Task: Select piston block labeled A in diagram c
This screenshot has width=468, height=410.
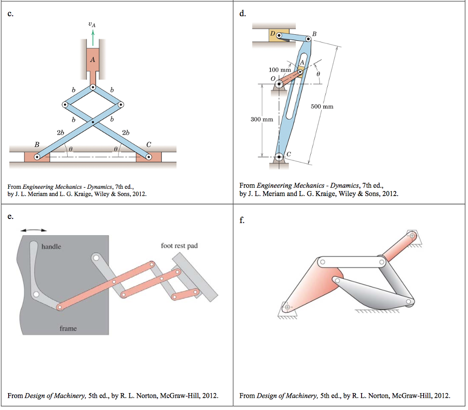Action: click(x=93, y=59)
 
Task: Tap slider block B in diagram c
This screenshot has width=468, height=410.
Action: click(x=37, y=157)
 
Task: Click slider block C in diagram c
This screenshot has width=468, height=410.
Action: click(x=149, y=157)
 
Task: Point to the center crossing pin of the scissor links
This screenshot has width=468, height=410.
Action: click(x=93, y=122)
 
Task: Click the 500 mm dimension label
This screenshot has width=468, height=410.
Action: click(x=322, y=106)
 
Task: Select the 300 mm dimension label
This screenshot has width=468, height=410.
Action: click(x=261, y=119)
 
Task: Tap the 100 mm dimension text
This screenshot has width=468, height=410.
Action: click(x=279, y=69)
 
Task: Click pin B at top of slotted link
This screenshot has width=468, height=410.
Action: click(x=308, y=39)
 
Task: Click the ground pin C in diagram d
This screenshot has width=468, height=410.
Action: click(x=281, y=157)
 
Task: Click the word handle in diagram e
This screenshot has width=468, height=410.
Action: click(x=51, y=246)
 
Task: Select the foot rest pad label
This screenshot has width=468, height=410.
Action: click(x=179, y=246)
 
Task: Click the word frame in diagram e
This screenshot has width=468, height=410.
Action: click(x=68, y=328)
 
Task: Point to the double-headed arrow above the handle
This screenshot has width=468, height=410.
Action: click(x=34, y=229)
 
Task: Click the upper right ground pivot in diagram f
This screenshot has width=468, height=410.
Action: click(x=412, y=235)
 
